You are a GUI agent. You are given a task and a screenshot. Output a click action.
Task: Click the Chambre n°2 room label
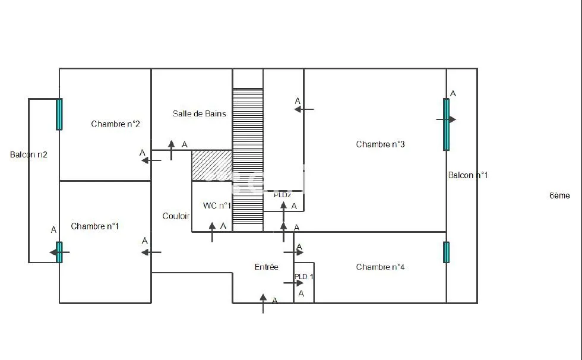(x=115, y=124)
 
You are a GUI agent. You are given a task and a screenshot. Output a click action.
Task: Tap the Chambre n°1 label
(x=94, y=226)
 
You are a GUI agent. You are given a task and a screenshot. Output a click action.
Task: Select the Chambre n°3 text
(x=380, y=144)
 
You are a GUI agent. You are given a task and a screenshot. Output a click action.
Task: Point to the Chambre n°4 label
(x=380, y=267)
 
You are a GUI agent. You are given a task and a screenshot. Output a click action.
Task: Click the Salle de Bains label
(x=200, y=113)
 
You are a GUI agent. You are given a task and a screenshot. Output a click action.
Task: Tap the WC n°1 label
(x=217, y=206)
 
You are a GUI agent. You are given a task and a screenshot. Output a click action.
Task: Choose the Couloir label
(x=176, y=216)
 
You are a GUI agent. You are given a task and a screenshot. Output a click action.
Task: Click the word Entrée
(x=267, y=267)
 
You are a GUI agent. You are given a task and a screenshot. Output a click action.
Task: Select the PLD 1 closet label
(x=304, y=276)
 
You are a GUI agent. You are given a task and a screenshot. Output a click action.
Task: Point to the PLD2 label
(x=283, y=195)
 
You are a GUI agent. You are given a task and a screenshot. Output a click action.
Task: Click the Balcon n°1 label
(x=468, y=175)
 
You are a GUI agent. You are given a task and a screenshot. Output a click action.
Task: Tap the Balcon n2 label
(x=29, y=155)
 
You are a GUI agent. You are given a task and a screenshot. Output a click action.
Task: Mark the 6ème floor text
(x=559, y=195)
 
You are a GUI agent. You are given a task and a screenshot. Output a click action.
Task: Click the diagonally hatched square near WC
(x=212, y=166)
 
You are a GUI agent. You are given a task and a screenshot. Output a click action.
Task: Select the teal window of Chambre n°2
(x=59, y=114)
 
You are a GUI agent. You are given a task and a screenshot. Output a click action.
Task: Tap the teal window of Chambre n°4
(x=446, y=252)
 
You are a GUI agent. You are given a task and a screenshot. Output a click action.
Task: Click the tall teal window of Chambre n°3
(x=446, y=124)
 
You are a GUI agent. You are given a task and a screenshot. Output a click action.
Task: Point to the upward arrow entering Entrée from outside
(x=263, y=304)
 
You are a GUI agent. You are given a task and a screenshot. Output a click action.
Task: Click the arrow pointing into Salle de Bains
(x=171, y=150)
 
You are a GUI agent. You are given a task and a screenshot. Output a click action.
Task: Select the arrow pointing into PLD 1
(x=293, y=283)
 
